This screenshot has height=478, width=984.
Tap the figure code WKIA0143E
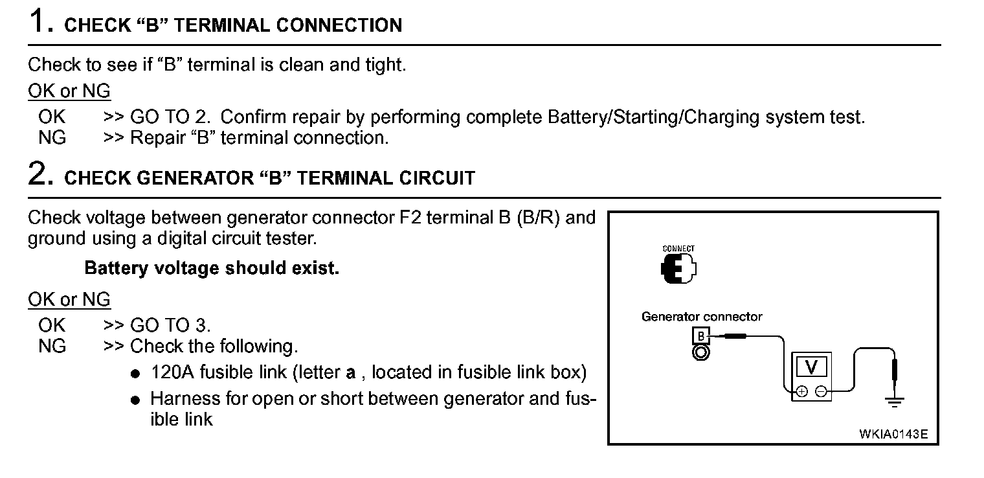click(893, 433)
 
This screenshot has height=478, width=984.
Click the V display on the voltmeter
click(812, 367)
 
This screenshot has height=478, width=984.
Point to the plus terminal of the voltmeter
click(801, 391)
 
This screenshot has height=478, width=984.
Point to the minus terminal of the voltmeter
click(821, 391)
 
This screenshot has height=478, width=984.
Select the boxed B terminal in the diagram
click(701, 336)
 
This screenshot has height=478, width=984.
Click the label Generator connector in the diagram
click(702, 317)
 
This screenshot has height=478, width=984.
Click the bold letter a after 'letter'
click(351, 373)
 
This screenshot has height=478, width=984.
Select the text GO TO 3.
click(170, 325)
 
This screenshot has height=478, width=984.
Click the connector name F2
click(412, 218)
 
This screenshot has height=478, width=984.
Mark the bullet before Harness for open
click(135, 400)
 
